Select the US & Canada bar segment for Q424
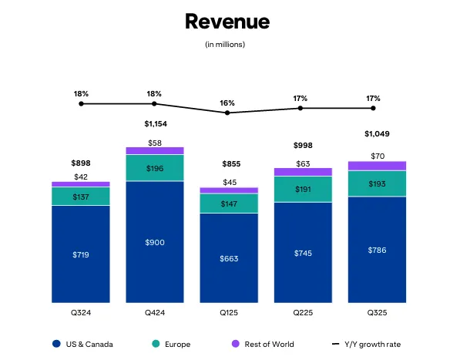[155, 242]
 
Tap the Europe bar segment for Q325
[377, 183]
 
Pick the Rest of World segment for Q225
[303, 172]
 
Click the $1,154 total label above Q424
[156, 123]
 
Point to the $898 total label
[81, 163]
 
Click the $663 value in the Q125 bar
[229, 258]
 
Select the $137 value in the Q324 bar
[81, 197]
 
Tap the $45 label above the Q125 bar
[229, 183]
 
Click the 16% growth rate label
[227, 103]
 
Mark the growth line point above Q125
[228, 113]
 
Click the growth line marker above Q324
[81, 103]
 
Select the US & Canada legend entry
[81, 344]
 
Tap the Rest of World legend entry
[264, 344]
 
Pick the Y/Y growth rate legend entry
[366, 344]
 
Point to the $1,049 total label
[377, 134]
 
